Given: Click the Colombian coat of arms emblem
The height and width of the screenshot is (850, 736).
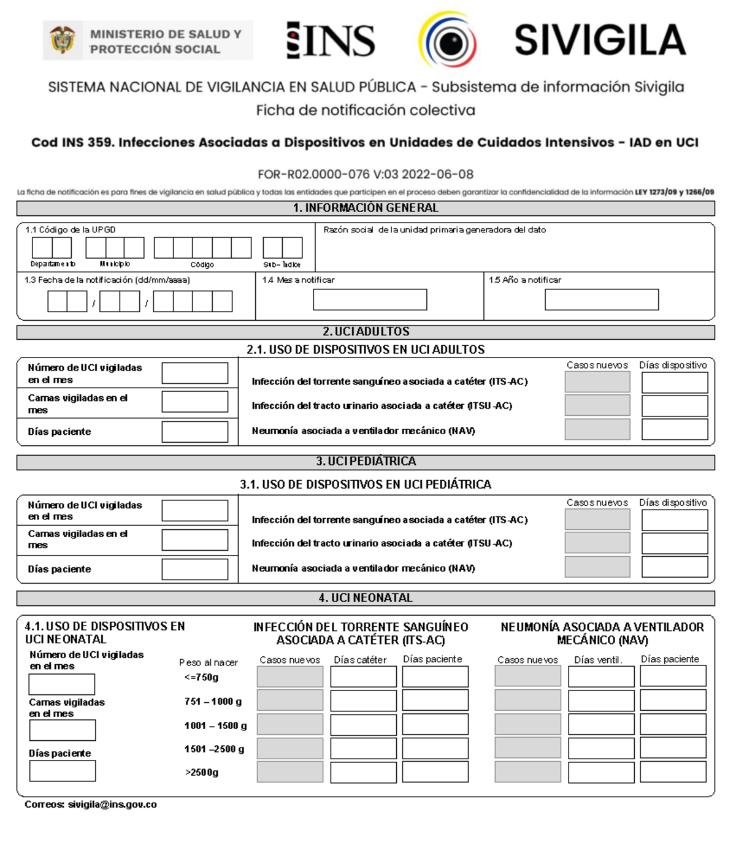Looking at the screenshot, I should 62,40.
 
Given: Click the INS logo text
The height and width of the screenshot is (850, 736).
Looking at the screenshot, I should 331,40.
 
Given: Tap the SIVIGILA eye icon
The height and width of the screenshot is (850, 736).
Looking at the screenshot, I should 448,40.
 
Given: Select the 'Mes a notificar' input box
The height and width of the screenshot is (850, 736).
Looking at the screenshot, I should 370,299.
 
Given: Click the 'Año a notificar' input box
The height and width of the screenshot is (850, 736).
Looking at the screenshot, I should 601,299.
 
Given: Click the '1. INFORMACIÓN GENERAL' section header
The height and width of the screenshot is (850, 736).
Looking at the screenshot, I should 366,208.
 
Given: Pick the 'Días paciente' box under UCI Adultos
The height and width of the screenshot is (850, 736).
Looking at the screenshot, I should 194,432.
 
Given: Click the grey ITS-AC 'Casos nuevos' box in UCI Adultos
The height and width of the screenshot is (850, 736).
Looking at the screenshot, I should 597,382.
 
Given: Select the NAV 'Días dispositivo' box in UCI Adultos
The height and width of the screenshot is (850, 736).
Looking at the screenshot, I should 674,429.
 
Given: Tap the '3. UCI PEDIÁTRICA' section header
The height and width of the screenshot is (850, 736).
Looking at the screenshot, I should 366,461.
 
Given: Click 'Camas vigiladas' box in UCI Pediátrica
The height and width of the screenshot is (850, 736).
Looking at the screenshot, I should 194,540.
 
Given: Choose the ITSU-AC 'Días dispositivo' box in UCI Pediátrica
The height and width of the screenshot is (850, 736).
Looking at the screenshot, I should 674,543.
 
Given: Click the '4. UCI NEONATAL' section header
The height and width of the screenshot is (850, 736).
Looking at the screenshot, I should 366,598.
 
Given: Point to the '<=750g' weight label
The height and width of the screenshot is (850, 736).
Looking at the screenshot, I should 201,677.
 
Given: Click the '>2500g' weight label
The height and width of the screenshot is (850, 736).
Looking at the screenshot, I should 202,772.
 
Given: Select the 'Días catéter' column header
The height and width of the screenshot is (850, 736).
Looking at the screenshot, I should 360,660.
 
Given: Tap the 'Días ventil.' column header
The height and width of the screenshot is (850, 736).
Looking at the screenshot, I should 598,660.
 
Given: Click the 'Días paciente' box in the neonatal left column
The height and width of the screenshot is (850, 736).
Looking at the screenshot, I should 63,771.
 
